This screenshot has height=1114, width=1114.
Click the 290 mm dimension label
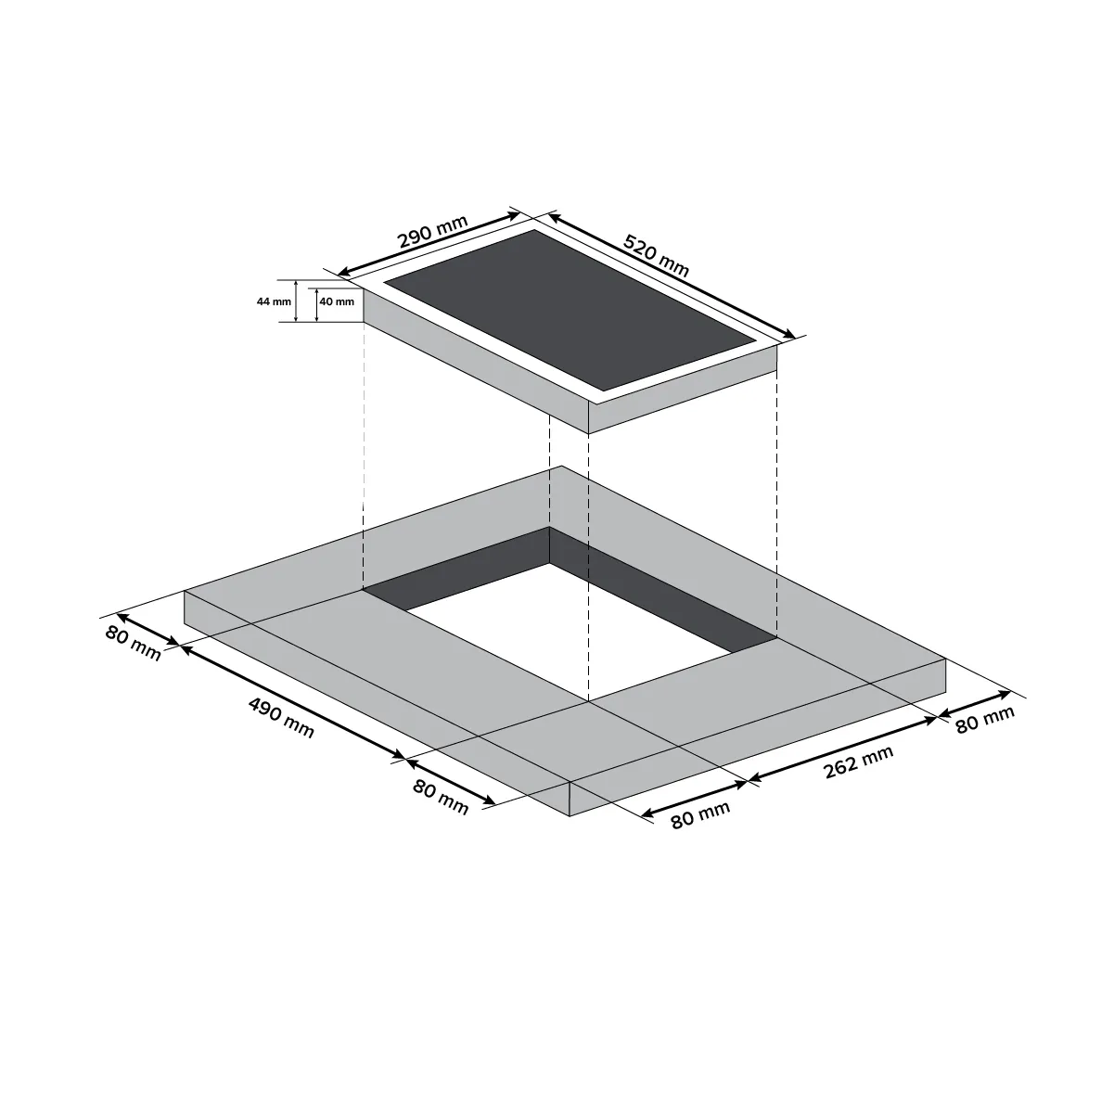pyautogui.click(x=433, y=232)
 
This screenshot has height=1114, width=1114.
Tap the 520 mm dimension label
pyautogui.click(x=656, y=255)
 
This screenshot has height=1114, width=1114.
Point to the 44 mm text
pyautogui.click(x=274, y=301)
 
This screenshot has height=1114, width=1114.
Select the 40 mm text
pyautogui.click(x=337, y=301)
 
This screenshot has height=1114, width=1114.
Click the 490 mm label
pyautogui.click(x=282, y=718)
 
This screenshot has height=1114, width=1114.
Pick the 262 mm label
pyautogui.click(x=859, y=762)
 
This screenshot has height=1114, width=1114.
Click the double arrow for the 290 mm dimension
pyautogui.click(x=429, y=244)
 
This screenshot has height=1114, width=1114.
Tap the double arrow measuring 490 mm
pyautogui.click(x=293, y=701)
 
